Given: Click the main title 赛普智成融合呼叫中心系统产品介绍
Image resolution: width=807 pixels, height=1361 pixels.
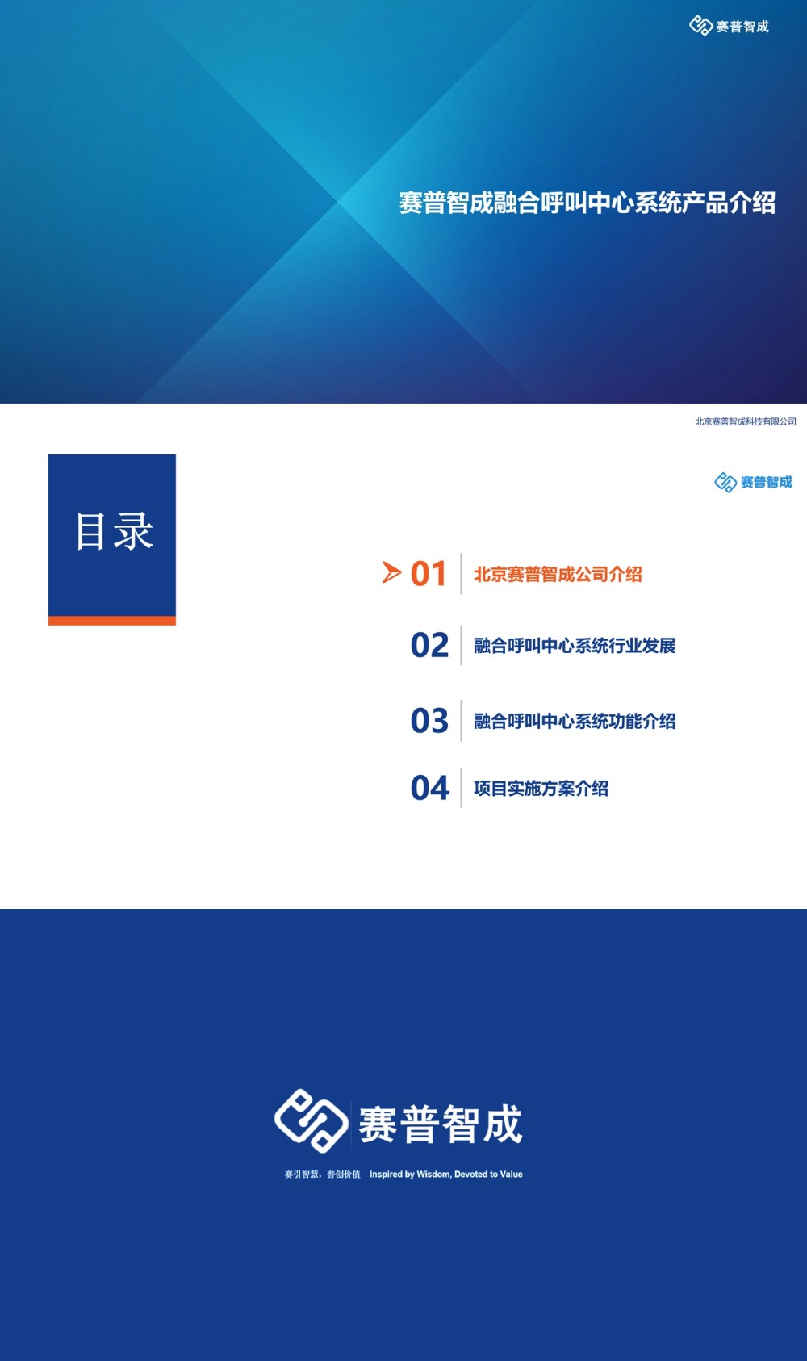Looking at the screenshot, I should coord(587,203).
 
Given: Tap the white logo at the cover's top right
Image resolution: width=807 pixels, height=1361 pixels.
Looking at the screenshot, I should coord(729,27).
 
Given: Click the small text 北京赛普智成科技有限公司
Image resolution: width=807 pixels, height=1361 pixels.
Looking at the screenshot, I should coord(745,421).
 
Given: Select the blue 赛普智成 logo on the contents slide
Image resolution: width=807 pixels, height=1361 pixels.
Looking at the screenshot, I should coord(753,482).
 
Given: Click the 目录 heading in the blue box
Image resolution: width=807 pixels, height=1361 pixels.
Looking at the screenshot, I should coord(113,531).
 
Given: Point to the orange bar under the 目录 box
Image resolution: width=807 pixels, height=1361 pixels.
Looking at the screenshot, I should coord(112,621).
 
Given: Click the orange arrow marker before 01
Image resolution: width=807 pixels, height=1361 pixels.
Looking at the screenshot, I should coord(391,573).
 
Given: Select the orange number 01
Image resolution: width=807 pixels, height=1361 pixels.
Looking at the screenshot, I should coord(429,574).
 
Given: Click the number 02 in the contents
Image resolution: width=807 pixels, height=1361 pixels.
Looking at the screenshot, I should coord(429,645).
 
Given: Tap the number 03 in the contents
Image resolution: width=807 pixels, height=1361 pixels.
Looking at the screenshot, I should coord(429,721).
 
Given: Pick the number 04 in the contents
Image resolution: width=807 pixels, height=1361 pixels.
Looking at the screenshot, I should coord(429,788).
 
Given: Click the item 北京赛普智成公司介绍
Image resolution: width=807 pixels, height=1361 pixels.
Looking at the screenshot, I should coord(558,575).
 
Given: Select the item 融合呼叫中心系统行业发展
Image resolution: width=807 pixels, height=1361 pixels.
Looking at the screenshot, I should coord(575,646).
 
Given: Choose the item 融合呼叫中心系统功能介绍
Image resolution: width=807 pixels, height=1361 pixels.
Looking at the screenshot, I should coord(575,721).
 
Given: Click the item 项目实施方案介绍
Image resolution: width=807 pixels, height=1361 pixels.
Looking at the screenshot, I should coord(541,789).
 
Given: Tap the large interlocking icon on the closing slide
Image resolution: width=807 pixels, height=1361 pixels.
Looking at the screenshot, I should coord(311,1120).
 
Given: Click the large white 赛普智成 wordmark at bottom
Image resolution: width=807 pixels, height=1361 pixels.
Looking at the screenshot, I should coord(441,1124).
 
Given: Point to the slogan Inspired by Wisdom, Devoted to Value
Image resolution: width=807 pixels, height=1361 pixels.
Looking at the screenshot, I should coord(445,1175).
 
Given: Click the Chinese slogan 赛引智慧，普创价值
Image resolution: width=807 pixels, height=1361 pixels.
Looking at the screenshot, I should coord(322,1175).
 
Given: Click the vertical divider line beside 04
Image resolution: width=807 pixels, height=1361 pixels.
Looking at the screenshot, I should coord(462,788).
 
